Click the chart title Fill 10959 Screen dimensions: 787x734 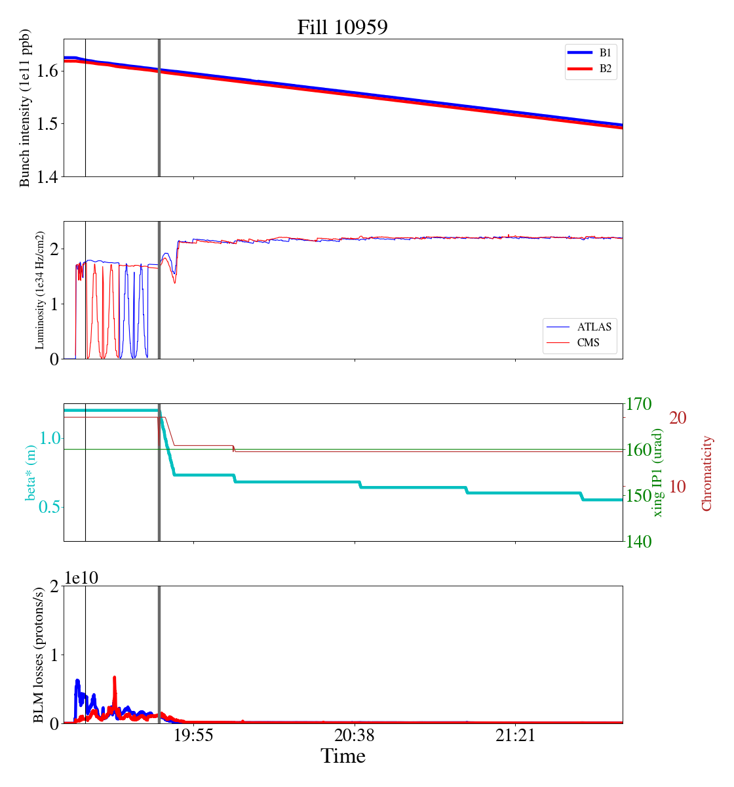(x=342, y=28)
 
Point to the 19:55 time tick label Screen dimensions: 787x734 (x=193, y=736)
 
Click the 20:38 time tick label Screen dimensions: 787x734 (x=355, y=736)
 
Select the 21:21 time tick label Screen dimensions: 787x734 (x=516, y=736)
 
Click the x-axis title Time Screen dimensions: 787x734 (x=343, y=757)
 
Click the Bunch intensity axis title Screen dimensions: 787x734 (x=25, y=108)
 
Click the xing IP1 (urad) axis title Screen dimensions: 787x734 (x=658, y=472)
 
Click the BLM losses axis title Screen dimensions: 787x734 (x=39, y=655)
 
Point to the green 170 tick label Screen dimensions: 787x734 (x=640, y=404)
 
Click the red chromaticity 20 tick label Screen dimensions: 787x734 (x=678, y=418)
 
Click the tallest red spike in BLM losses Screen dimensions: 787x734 (x=115, y=679)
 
